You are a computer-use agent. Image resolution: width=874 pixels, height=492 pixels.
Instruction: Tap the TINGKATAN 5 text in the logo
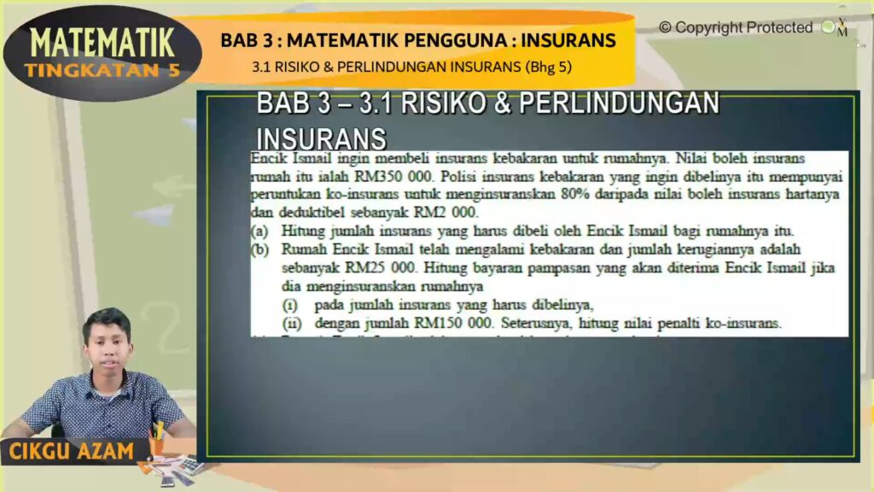click(x=102, y=70)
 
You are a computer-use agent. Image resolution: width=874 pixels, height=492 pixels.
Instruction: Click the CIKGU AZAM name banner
click(x=72, y=451)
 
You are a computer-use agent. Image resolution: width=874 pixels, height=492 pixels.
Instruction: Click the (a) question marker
click(x=259, y=231)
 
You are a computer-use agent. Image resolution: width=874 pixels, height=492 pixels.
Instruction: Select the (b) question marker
click(x=259, y=249)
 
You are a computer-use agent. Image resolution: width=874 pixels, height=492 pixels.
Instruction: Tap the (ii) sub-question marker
click(x=293, y=324)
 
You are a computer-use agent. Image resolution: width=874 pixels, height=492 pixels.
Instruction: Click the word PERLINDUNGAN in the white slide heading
click(x=619, y=103)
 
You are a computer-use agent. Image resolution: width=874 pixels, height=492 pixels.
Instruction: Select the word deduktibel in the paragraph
click(x=312, y=213)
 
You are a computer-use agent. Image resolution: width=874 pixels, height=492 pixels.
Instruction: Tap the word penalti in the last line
click(x=674, y=324)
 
